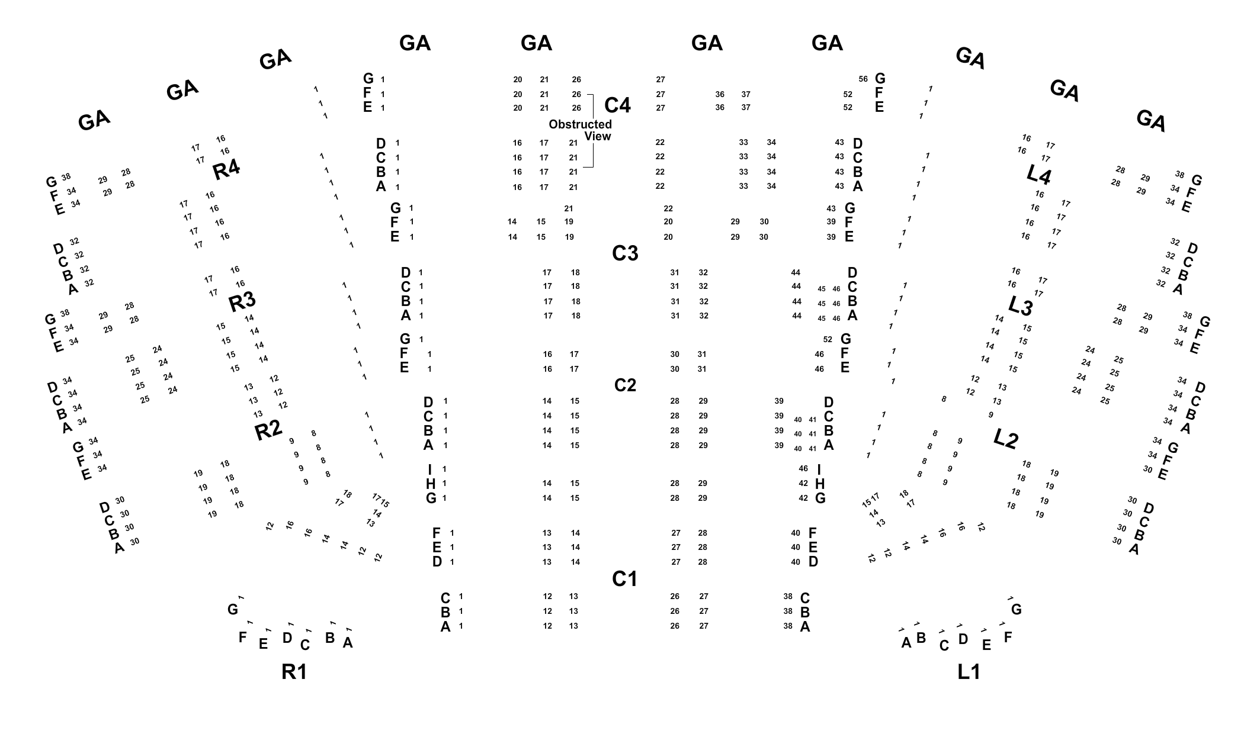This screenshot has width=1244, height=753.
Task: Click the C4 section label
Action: click(617, 105)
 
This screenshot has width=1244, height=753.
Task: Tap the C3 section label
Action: click(625, 253)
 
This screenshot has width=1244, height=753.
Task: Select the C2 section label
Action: click(625, 385)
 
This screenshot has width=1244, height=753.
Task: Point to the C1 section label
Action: click(624, 579)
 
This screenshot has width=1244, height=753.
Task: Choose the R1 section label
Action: click(294, 672)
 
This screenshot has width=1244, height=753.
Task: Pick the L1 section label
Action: click(969, 672)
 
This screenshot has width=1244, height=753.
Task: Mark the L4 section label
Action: click(1038, 175)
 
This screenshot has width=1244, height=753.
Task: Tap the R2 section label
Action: click(268, 430)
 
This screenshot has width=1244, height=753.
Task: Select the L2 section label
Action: click(1005, 439)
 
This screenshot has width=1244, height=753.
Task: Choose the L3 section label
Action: click(1020, 307)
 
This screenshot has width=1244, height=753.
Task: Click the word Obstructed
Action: click(580, 124)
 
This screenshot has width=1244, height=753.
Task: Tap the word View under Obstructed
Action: click(598, 137)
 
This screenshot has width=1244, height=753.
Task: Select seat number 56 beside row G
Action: click(863, 79)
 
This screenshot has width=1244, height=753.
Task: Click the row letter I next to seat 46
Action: click(819, 470)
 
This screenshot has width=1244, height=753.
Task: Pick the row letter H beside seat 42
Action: click(820, 484)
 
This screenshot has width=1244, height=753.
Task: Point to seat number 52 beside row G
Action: click(828, 339)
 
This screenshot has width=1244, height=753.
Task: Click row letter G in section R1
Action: click(233, 609)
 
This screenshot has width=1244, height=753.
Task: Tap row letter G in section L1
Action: click(1017, 609)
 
